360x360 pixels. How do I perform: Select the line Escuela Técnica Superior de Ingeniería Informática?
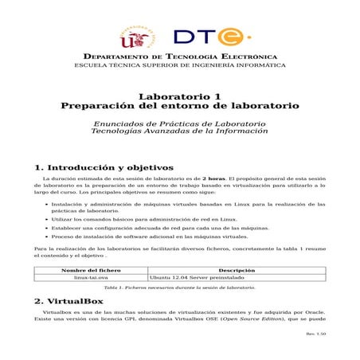coord(179,66)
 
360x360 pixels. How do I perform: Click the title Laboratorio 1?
coord(179,95)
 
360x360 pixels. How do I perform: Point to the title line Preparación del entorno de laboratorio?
coord(179,105)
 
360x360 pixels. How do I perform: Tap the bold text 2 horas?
coord(213,180)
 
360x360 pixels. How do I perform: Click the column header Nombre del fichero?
coord(91,270)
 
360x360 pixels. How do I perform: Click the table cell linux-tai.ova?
coord(91,277)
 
